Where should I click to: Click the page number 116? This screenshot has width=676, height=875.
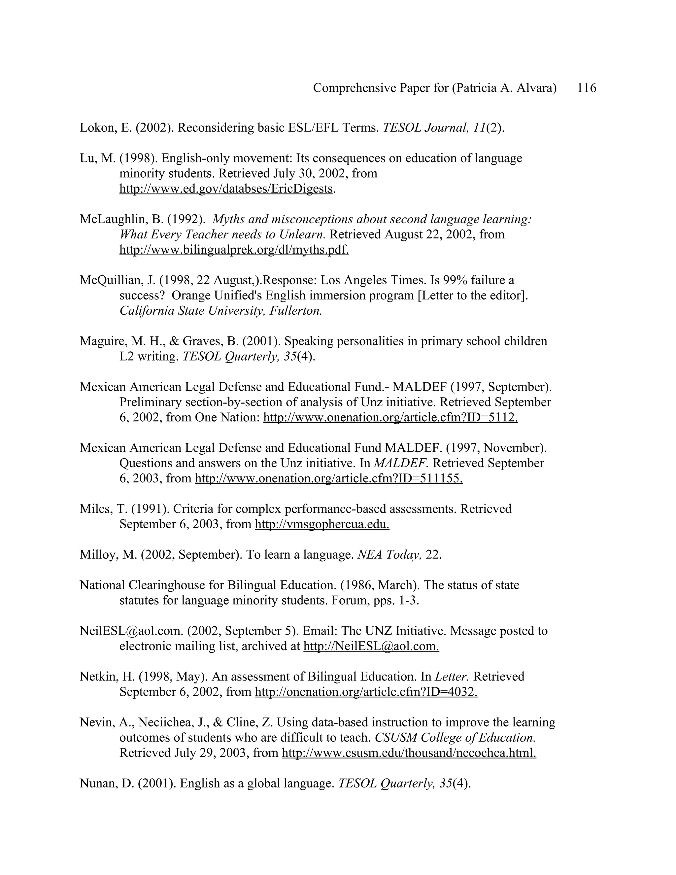point(586,88)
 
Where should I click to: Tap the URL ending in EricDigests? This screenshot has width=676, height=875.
point(226,189)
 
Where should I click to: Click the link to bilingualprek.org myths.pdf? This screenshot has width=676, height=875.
point(234,250)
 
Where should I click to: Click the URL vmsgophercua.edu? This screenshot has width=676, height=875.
point(321,524)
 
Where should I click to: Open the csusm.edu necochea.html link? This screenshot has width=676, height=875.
point(409,753)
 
